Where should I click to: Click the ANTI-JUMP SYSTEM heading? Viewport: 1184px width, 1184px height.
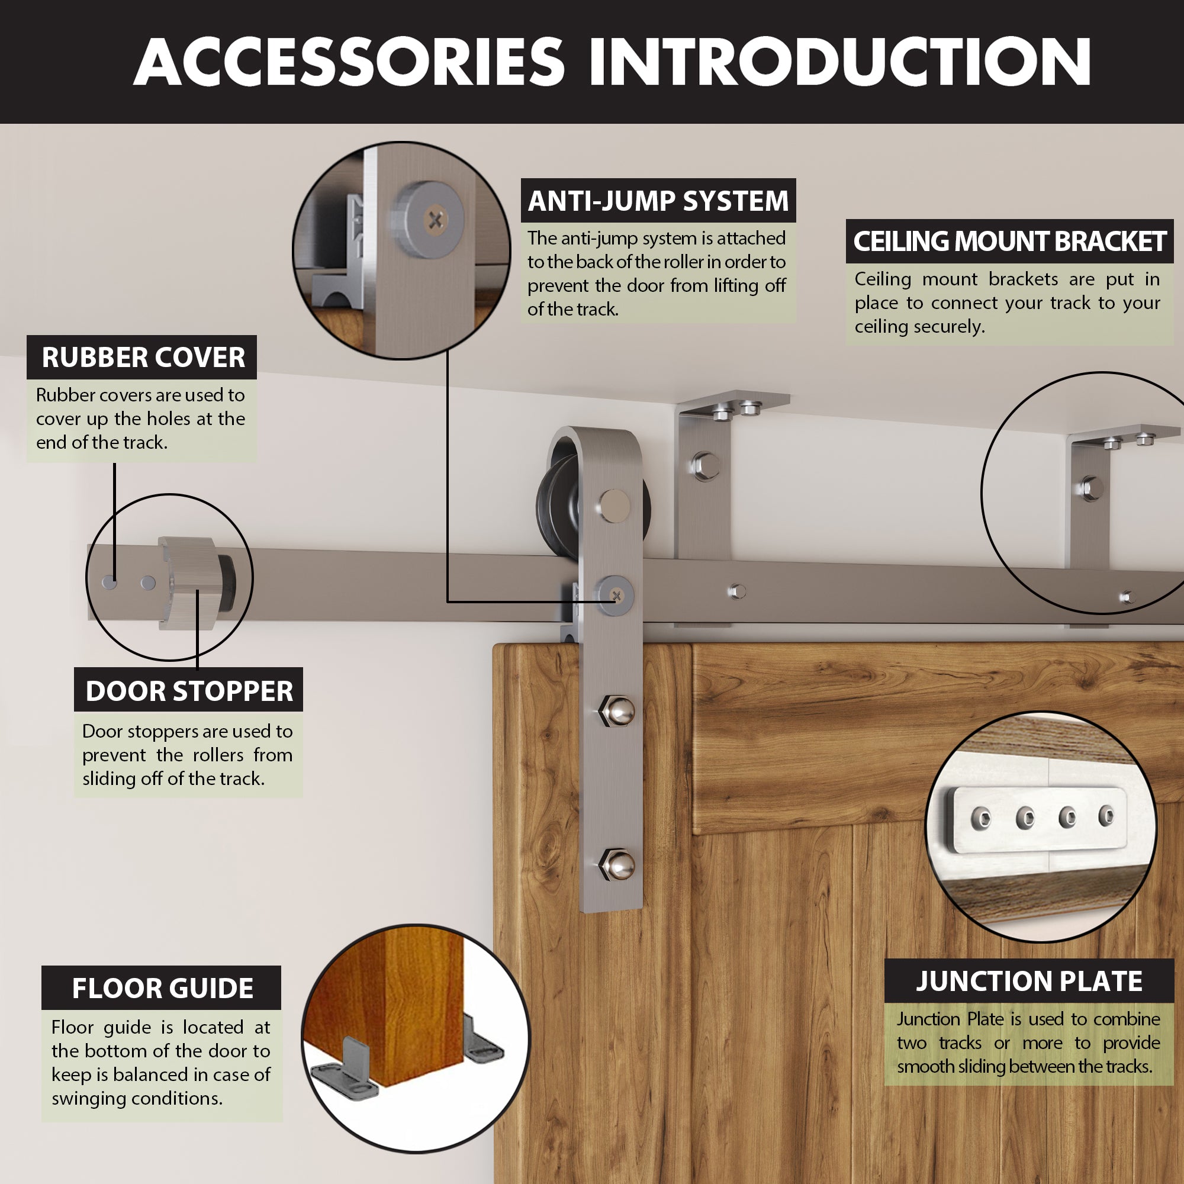(658, 201)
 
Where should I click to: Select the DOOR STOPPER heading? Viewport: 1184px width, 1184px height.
(189, 691)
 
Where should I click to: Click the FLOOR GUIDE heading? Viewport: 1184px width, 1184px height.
(162, 988)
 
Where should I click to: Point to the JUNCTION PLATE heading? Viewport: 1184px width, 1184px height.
(1028, 981)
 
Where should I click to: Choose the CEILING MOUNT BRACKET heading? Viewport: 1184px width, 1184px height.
(1009, 242)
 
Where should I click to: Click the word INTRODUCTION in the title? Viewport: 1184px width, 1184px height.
(839, 62)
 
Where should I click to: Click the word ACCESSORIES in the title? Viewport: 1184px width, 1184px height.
(349, 62)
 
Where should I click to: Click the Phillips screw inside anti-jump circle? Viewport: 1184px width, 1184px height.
(436, 220)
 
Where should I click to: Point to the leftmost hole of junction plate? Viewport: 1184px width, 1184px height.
(981, 818)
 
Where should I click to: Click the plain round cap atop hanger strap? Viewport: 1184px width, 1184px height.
(614, 505)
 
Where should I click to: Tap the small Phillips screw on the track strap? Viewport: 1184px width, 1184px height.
(616, 596)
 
